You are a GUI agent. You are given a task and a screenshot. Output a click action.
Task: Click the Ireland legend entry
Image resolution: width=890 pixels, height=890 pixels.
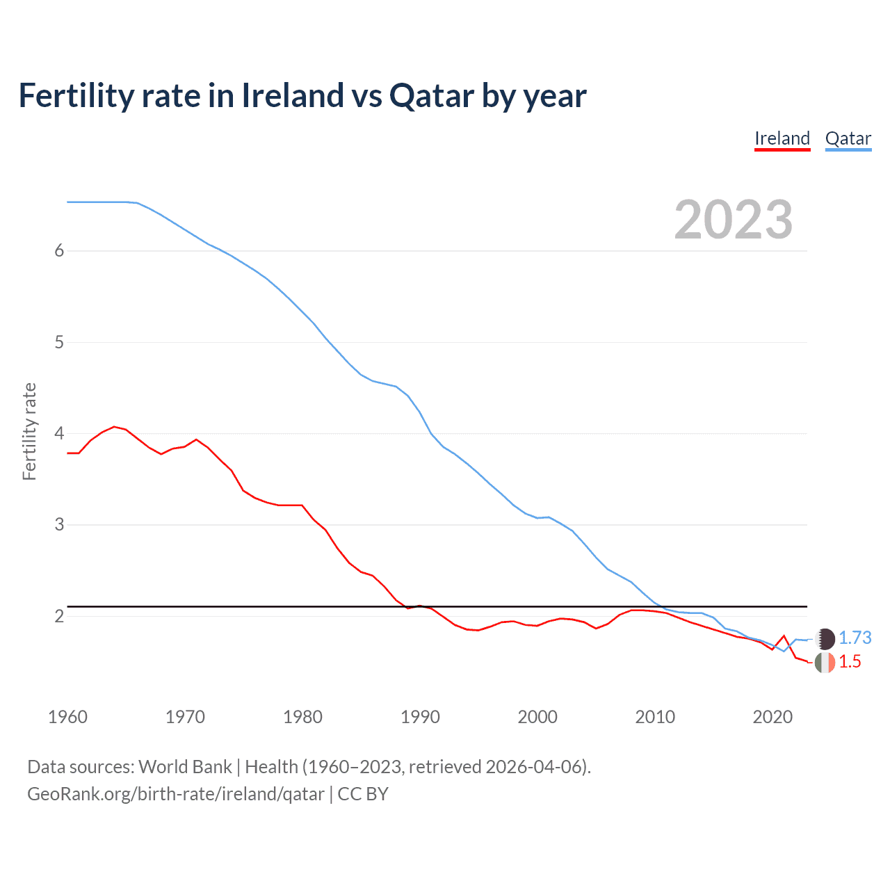point(782,138)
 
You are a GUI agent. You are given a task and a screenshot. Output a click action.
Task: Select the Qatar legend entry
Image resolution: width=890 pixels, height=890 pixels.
point(848,138)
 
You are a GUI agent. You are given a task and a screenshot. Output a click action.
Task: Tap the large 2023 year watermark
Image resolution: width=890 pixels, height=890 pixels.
point(733,220)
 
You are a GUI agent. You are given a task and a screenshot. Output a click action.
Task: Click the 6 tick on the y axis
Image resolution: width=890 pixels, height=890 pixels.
point(59,251)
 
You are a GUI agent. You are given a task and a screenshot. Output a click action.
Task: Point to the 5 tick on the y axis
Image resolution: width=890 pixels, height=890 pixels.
point(59,342)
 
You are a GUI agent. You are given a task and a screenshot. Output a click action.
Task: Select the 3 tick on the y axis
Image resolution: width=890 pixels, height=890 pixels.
point(59,524)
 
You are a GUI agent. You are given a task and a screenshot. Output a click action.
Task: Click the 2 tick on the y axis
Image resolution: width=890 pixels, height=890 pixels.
point(59,616)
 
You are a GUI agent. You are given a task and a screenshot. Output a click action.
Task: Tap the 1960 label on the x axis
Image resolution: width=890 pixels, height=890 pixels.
point(67,717)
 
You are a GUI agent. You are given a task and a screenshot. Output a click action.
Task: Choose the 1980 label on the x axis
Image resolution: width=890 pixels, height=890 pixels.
point(302,717)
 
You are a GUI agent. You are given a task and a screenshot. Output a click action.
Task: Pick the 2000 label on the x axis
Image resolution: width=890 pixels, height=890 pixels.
point(537,717)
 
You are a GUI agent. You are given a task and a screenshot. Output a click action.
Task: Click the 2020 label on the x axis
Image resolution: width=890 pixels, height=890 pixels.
point(772,717)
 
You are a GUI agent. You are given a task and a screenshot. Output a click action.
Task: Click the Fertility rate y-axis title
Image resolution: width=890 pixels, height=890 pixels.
point(29,431)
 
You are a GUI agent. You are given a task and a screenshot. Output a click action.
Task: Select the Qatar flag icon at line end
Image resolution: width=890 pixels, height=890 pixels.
point(825,638)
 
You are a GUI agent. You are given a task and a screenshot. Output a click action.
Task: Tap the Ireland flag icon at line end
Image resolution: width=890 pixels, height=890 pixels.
point(825,663)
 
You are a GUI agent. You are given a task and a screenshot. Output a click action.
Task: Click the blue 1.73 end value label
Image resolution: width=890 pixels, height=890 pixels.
point(855,638)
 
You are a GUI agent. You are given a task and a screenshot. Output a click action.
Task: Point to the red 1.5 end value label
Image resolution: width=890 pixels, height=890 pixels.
point(850,662)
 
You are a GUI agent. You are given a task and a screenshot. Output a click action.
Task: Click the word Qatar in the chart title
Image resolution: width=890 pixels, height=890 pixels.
point(432,95)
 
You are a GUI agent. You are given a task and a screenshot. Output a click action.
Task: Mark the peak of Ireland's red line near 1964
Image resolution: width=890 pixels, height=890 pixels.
point(115,427)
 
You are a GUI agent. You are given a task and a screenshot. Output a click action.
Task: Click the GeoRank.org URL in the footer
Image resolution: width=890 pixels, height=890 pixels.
point(175,794)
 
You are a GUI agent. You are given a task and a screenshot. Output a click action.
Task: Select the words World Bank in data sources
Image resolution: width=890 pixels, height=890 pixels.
point(185,767)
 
